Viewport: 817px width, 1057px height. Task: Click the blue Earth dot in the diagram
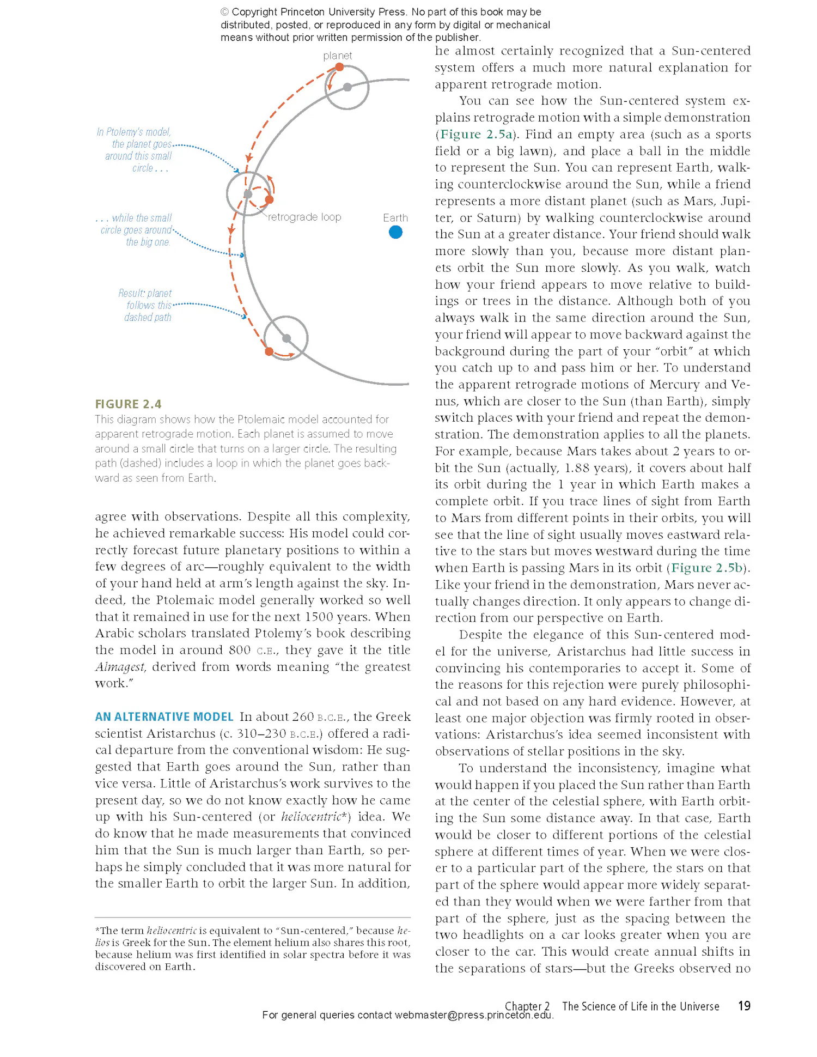[x=396, y=233]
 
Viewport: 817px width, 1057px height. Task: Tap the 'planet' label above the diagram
[x=337, y=56]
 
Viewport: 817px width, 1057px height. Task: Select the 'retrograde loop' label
[x=304, y=217]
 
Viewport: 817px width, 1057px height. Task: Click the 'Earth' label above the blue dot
[x=395, y=218]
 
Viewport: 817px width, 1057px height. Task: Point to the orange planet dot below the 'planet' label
[x=339, y=67]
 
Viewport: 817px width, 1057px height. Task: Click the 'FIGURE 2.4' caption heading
[x=129, y=404]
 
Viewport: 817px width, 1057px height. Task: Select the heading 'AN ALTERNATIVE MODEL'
[x=164, y=716]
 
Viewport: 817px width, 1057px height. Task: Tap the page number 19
[x=744, y=1006]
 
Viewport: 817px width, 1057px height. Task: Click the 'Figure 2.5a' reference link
[x=476, y=134]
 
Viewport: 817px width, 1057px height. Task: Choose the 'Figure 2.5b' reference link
[x=707, y=568]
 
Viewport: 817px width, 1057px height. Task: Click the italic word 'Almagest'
[x=120, y=667]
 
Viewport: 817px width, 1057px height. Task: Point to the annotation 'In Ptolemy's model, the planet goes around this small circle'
[x=137, y=150]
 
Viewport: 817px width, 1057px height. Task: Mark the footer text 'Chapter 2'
[x=527, y=1006]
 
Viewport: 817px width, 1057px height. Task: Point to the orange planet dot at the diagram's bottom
[x=269, y=351]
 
